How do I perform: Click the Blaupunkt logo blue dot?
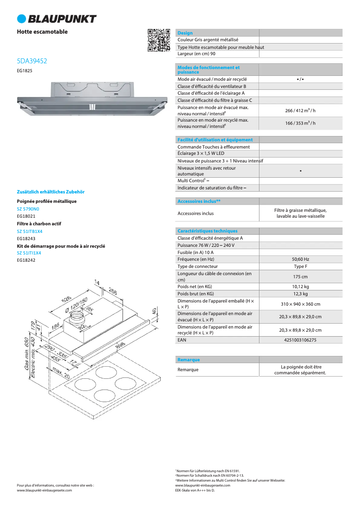tap(22, 18)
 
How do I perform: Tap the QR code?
tap(159, 40)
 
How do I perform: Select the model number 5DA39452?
tap(32, 61)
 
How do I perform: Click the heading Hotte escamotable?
tap(42, 32)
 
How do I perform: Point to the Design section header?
tap(185, 33)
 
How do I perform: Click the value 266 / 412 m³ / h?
tap(300, 111)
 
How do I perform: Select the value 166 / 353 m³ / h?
tap(300, 123)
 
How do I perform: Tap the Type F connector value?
tap(300, 266)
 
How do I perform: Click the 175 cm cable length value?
tap(300, 276)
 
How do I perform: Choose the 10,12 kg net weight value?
tap(300, 286)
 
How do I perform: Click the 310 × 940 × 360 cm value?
tap(300, 304)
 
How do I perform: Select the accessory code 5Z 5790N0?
tap(28, 209)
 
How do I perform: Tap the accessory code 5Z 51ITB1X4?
tap(30, 231)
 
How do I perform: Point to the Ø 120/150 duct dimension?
tap(76, 305)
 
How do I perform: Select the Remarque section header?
tap(189, 360)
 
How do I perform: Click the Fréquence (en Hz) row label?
tap(196, 259)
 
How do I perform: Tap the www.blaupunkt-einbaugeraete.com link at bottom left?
tap(44, 491)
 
